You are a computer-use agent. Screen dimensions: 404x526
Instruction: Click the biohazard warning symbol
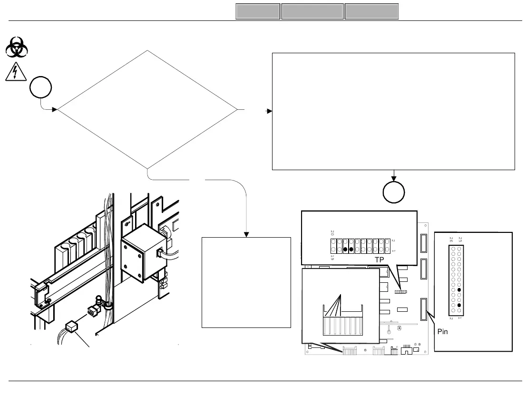tap(18, 48)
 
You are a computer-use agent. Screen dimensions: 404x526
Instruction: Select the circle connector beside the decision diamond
tap(40, 89)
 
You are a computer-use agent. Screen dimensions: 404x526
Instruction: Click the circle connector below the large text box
tap(394, 192)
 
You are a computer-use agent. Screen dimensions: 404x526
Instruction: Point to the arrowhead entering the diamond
tap(55, 110)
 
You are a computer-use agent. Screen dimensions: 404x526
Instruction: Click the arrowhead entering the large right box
tap(269, 111)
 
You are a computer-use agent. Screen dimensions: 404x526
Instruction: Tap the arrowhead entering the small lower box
tap(246, 234)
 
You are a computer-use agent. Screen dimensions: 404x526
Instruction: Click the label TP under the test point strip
tap(379, 260)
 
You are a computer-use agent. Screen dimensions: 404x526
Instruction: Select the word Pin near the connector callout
tap(443, 332)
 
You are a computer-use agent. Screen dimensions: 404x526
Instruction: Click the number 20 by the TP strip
tap(332, 233)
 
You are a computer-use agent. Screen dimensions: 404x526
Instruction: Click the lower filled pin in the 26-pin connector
tap(459, 305)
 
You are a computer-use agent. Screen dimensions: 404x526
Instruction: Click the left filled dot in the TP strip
tap(345, 249)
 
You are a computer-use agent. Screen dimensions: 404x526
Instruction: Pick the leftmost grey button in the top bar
tap(257, 12)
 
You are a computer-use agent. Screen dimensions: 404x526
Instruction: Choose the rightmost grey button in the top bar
tap(371, 12)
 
